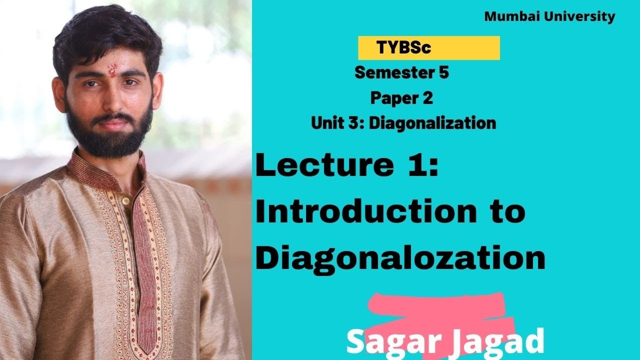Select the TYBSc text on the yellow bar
pos(404,48)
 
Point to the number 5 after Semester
pos(443,73)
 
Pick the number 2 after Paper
pos(427,98)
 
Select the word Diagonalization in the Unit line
pos(432,123)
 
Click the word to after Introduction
pos(506,212)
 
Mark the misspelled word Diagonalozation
pos(400,258)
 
